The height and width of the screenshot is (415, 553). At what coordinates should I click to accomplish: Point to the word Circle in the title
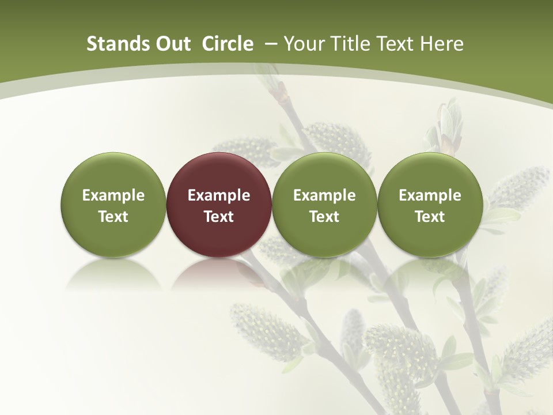pyautogui.click(x=228, y=44)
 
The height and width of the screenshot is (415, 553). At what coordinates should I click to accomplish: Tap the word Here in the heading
pyautogui.click(x=442, y=44)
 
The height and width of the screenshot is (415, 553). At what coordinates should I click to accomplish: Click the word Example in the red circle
pyautogui.click(x=219, y=195)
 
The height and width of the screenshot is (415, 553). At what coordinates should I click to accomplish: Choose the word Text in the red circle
pyautogui.click(x=219, y=217)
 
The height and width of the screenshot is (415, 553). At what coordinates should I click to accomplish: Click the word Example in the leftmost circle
pyautogui.click(x=113, y=195)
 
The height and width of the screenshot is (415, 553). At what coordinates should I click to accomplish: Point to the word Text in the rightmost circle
pyautogui.click(x=430, y=217)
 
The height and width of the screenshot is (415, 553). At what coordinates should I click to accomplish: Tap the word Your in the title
pyautogui.click(x=301, y=44)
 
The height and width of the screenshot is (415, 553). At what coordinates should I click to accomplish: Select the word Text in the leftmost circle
pyautogui.click(x=113, y=217)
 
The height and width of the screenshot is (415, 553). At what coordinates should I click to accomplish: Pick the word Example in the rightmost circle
pyautogui.click(x=430, y=195)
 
